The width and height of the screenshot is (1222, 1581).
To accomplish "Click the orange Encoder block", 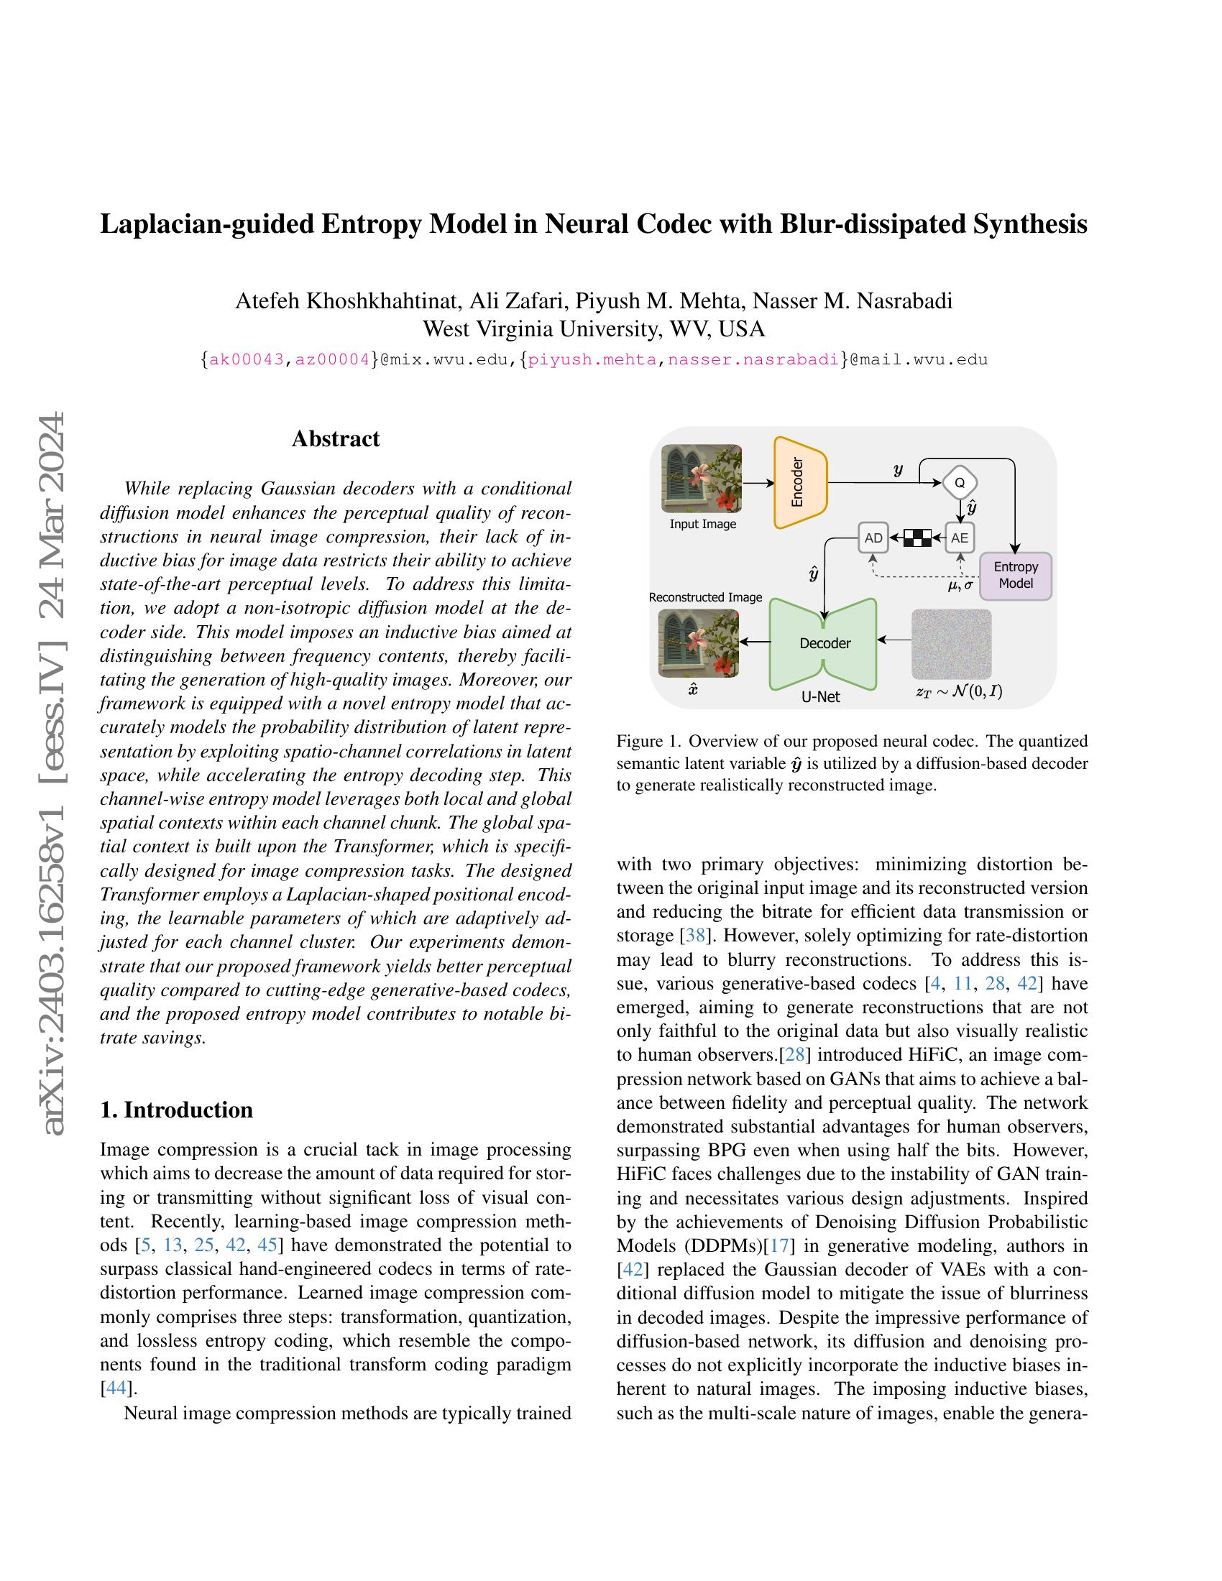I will [800, 482].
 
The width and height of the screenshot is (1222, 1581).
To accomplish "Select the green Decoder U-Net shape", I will [824, 643].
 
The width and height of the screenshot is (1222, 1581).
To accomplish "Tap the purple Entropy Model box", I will [1015, 576].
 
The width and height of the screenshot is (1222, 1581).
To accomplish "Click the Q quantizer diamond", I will [960, 482].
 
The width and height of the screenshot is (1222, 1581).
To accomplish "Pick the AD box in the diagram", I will [873, 538].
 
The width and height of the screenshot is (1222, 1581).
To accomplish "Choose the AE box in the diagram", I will [960, 538].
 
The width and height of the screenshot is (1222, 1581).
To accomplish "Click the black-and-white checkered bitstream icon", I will [916, 538].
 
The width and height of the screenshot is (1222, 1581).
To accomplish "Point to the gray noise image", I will [951, 643].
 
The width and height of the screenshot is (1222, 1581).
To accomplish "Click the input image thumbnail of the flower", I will [702, 478].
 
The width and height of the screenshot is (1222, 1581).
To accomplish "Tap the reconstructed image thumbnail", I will [698, 643].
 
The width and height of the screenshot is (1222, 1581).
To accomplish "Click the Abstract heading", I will [335, 438].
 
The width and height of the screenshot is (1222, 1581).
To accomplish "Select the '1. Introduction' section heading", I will [177, 1110].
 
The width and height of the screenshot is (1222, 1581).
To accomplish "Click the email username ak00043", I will [246, 359].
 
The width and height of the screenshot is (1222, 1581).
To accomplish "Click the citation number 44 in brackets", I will [116, 1388].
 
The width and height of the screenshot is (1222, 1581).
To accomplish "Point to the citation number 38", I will [695, 935].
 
